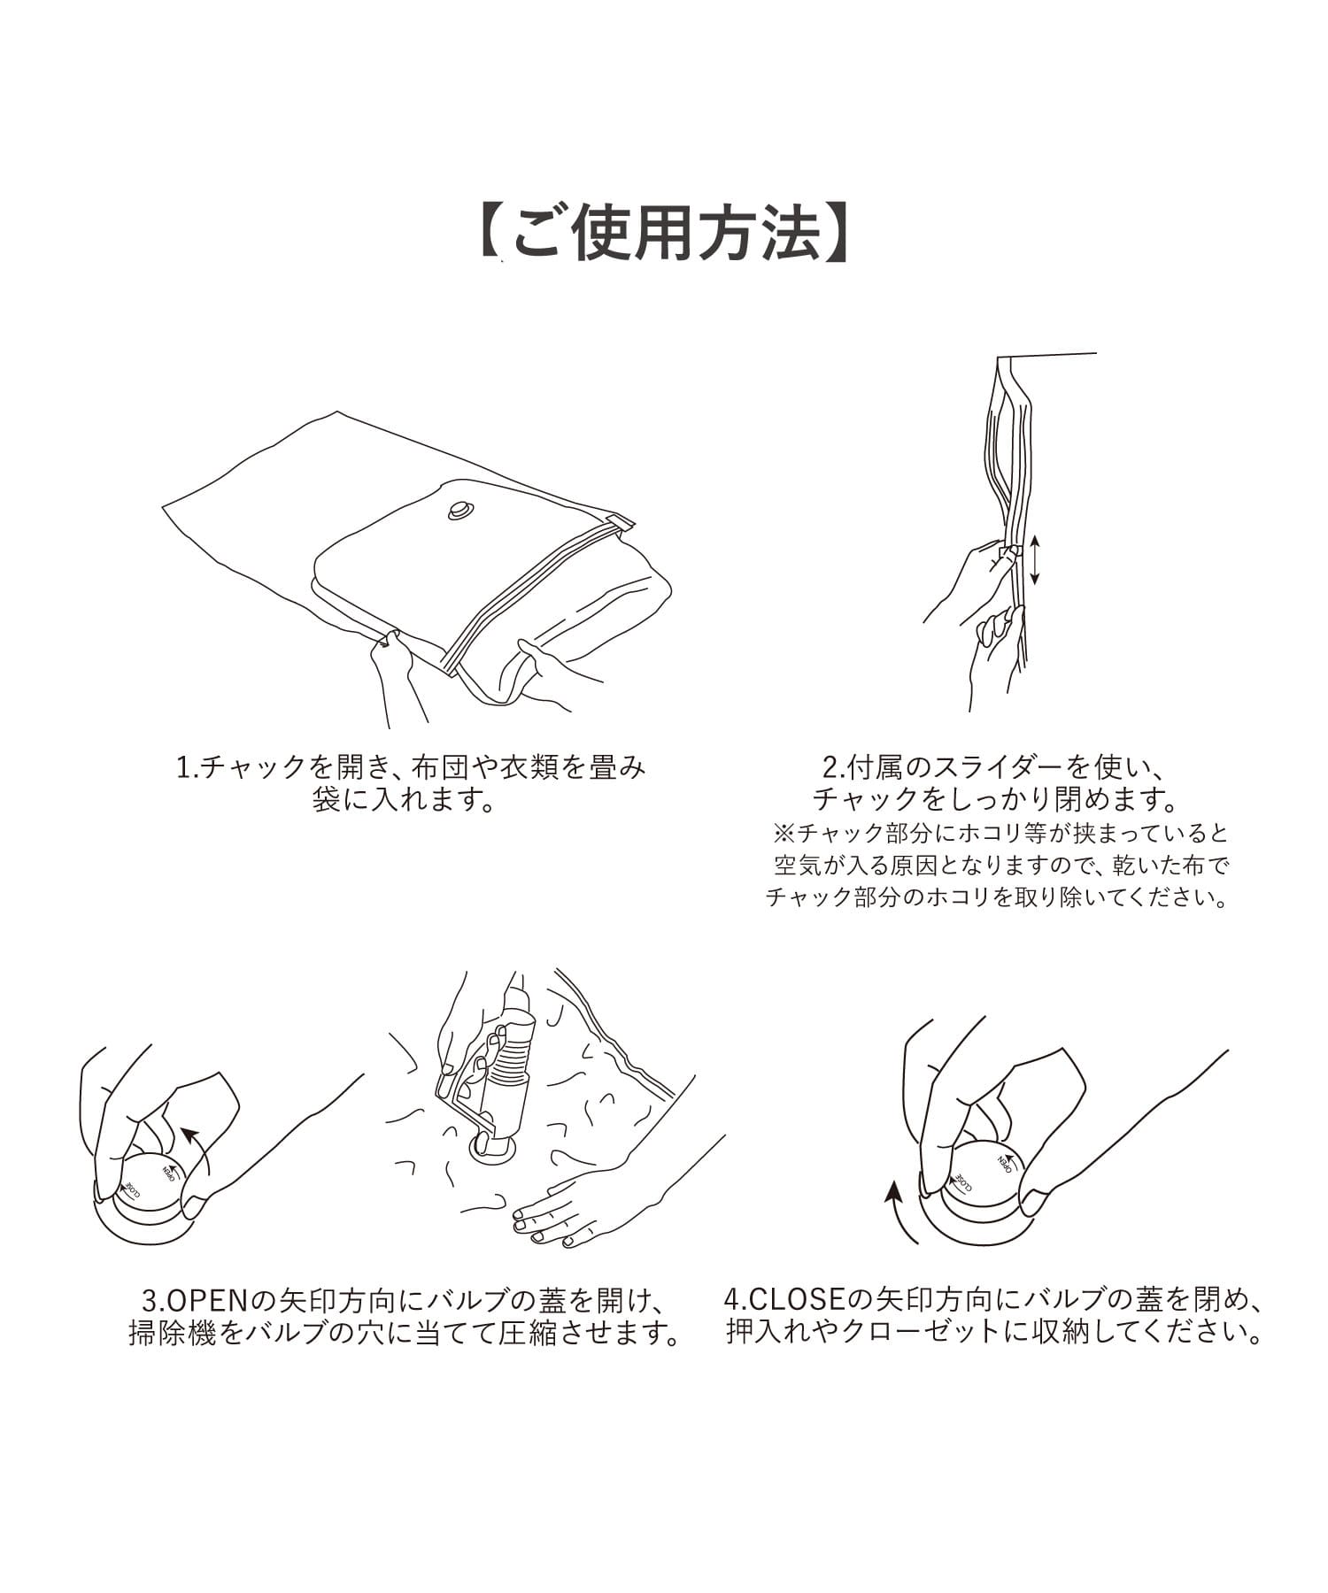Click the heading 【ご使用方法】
click(x=664, y=233)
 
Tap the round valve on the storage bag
click(x=461, y=511)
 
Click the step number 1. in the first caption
click(x=189, y=766)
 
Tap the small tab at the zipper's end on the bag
click(x=623, y=522)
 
